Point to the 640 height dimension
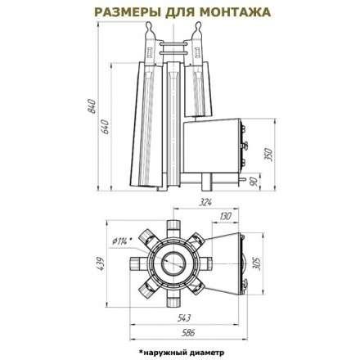click(x=106, y=129)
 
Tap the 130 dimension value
click(x=223, y=216)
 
